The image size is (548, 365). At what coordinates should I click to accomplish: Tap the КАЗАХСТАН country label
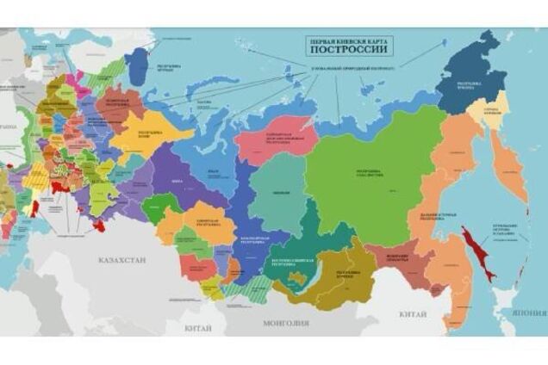[122, 259]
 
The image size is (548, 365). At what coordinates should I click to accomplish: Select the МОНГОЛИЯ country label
[285, 324]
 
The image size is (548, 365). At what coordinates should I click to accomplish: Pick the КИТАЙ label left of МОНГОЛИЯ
[198, 328]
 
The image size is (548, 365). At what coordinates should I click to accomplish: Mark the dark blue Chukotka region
[472, 73]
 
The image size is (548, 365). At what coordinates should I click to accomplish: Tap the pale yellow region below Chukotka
[501, 119]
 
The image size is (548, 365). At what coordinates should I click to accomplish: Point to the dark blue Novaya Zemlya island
[138, 62]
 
